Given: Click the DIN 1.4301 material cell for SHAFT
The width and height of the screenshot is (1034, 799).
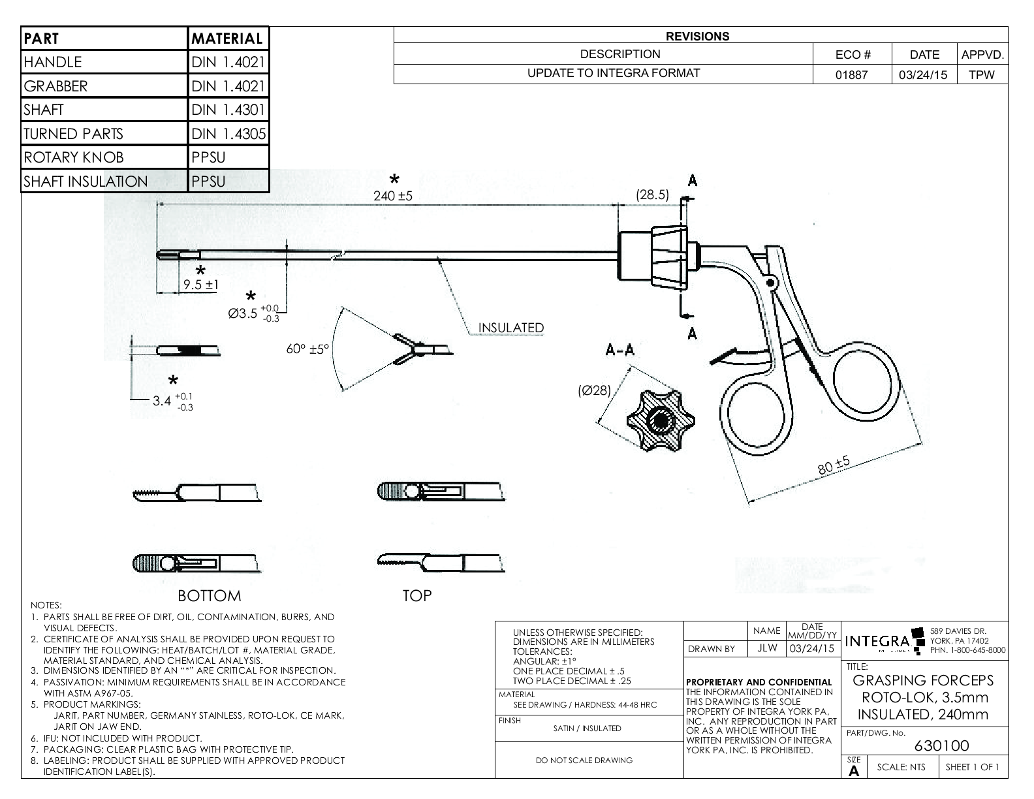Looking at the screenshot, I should [228, 110].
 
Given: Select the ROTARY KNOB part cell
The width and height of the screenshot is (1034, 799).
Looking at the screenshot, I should [104, 157].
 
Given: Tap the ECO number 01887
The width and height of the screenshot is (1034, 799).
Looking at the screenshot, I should [852, 74].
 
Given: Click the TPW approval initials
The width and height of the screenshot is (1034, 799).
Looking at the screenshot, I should [982, 74].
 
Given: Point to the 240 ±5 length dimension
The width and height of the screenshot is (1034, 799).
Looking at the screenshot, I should [393, 195].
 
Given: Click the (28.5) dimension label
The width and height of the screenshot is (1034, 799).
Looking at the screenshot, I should [652, 195].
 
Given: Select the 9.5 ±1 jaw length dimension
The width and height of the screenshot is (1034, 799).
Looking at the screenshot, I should [200, 285].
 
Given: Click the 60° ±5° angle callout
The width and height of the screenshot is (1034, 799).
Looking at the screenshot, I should [308, 349].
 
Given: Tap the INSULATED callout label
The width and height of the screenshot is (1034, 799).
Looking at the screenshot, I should [511, 328].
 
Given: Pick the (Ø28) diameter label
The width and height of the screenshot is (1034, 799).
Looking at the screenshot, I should [594, 391].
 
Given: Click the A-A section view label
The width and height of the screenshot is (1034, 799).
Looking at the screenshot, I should [619, 351].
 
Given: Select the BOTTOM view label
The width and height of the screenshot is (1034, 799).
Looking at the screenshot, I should [210, 595].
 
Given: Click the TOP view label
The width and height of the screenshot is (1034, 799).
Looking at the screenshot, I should [417, 595].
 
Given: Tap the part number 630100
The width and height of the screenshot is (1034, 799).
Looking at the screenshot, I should [941, 745].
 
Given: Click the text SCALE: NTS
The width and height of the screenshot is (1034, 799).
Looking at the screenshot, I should [901, 767].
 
